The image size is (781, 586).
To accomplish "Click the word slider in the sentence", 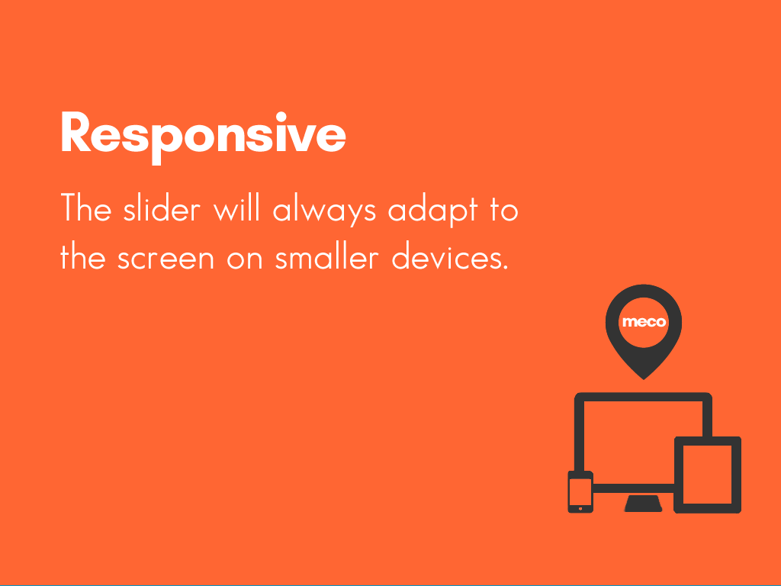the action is point(162,209).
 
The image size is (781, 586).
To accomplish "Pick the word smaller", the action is point(327,256).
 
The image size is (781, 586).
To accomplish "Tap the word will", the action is point(236,208).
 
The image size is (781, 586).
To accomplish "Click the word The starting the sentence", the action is point(85,208).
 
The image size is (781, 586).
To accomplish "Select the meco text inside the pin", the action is point(644,322).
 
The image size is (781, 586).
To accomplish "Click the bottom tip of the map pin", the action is point(644,380).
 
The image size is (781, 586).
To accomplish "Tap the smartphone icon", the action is point(580,492).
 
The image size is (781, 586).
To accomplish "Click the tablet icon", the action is point(707,475).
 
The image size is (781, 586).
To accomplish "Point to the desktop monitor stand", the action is point(643,504).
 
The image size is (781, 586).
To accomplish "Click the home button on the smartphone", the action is point(580,509).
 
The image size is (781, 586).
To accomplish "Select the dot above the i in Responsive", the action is point(281,117).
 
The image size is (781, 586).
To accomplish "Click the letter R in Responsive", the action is point(76,132).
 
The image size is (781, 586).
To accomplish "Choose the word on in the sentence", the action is point(245,259).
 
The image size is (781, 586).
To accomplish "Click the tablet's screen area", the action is point(707,475).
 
